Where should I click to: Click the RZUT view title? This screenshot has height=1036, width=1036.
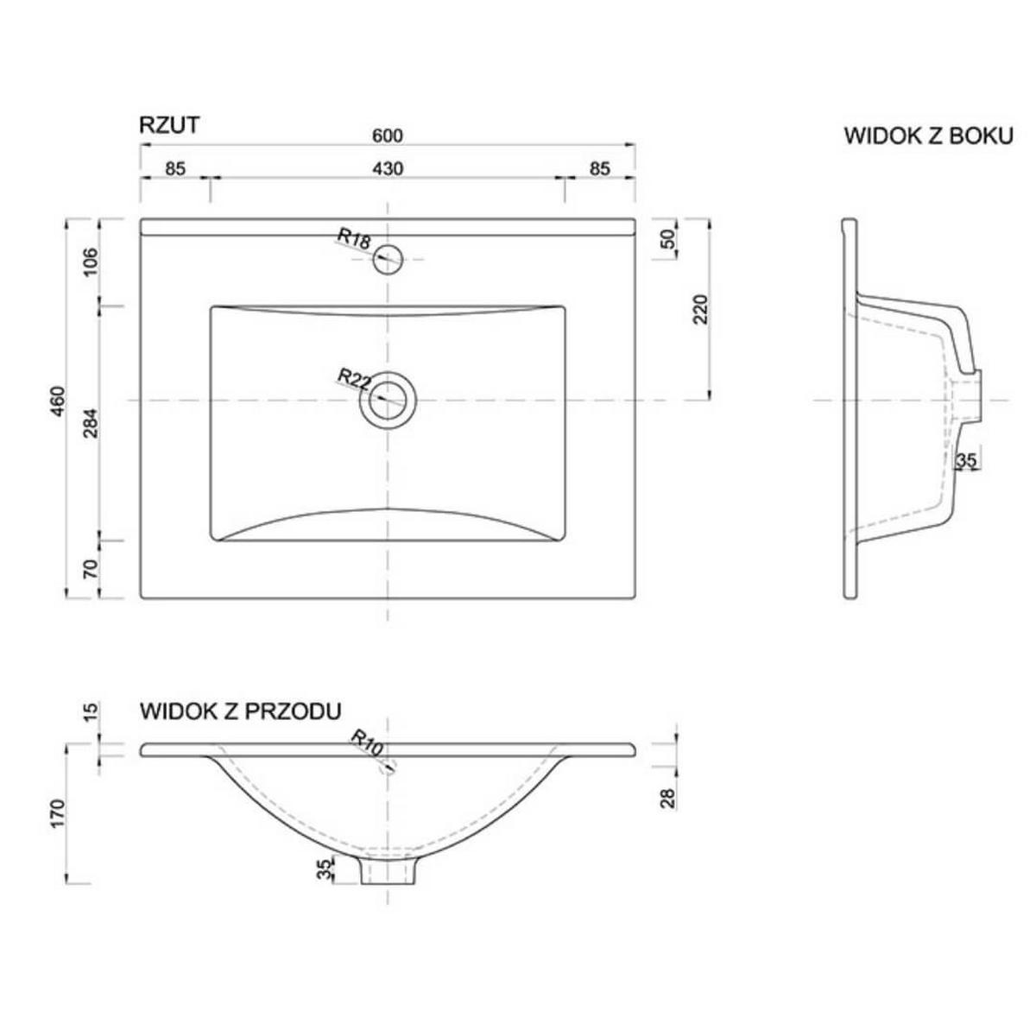169,125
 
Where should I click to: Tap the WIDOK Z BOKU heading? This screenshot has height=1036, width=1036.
928,136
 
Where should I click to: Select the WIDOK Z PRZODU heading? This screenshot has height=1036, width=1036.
240,711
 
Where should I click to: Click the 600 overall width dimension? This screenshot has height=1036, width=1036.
387,136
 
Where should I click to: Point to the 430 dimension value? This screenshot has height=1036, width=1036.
388,169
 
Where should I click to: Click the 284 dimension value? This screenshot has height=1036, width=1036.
91,423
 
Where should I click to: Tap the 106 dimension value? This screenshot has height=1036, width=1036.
91,262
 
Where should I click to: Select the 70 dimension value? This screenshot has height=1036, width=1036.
91,568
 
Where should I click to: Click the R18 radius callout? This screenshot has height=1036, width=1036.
355,238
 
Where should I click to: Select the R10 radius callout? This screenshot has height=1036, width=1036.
367,742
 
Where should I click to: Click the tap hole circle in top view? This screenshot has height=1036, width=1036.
388,259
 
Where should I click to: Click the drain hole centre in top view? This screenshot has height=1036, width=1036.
388,401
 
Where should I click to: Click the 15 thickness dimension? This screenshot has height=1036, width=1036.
91,711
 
